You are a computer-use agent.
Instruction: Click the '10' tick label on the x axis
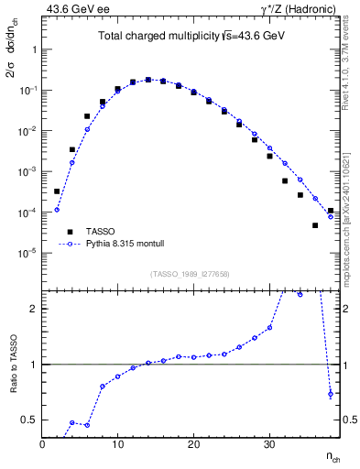coord(117,444)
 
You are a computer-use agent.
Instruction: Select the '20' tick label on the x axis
coord(192,444)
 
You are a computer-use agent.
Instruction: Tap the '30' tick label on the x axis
coord(268,444)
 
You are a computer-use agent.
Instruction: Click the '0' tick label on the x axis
coord(42,444)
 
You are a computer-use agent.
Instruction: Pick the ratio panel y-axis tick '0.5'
coord(29,420)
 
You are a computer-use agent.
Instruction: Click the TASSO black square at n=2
coord(57,191)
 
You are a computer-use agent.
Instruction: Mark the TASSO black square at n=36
coord(315,225)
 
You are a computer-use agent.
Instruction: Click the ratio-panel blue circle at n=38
coord(330,395)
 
